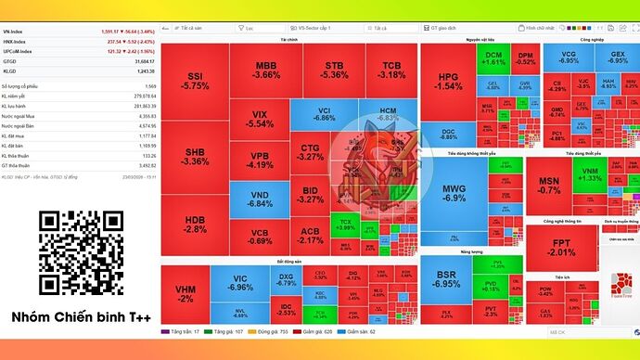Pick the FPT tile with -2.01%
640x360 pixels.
pos(561,247)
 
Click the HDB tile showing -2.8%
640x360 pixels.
pos(194,225)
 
